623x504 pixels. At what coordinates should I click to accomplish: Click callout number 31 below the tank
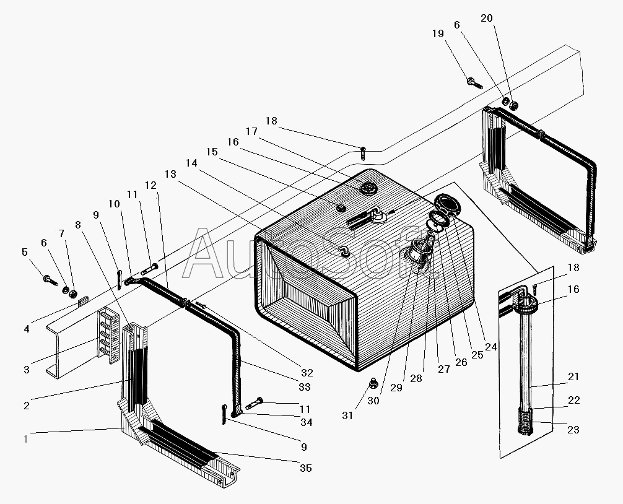(x=347, y=415)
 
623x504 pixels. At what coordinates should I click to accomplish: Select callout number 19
(x=438, y=35)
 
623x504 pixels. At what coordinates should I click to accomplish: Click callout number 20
(x=487, y=18)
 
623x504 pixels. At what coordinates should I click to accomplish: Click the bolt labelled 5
(x=48, y=280)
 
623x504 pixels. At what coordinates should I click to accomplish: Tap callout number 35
(x=305, y=468)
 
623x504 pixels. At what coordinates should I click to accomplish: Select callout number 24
(x=491, y=347)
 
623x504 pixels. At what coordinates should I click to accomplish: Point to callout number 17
(x=251, y=131)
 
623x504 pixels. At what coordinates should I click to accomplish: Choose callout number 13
(x=171, y=175)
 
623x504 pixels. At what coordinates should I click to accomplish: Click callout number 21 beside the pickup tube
(x=574, y=376)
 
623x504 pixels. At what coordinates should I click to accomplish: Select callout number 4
(x=26, y=329)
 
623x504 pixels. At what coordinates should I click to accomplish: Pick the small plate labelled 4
(x=83, y=299)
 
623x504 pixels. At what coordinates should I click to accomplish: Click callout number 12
(x=150, y=185)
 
